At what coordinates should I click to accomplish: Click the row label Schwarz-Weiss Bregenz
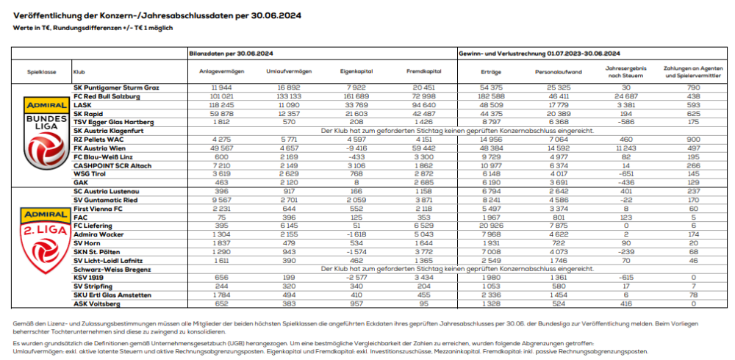click(107, 270)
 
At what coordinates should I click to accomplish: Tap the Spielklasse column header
click(41, 72)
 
